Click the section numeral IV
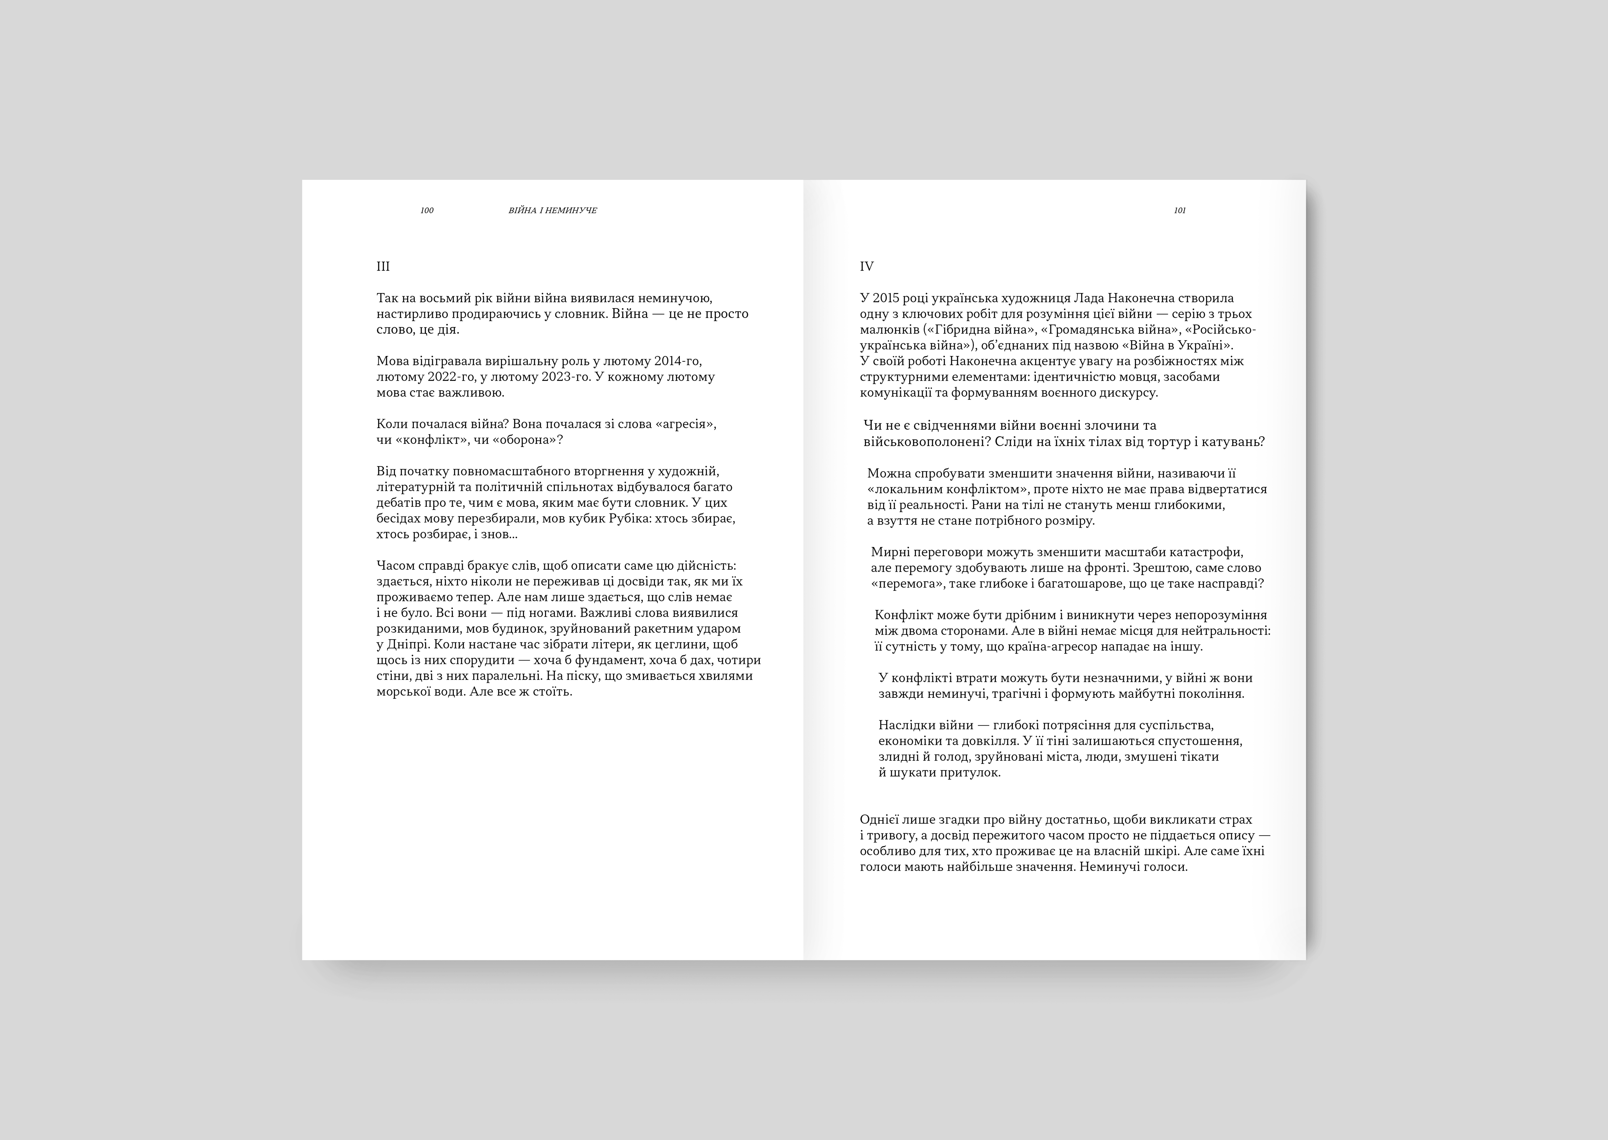pos(866,267)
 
